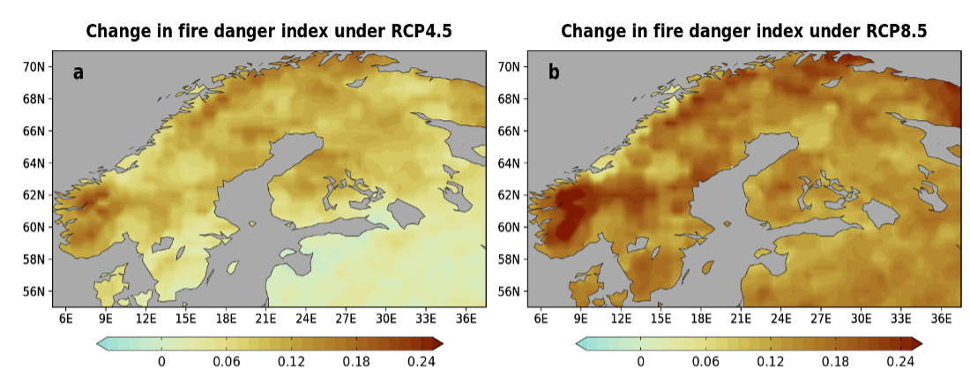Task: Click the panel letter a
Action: point(78,72)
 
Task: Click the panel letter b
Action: point(554,72)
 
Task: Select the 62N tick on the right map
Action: point(510,195)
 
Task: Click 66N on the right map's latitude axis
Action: point(510,131)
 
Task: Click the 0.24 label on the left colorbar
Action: point(421,361)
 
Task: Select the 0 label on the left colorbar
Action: point(161,361)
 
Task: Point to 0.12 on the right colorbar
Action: point(770,361)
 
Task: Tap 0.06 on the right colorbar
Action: point(705,361)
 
